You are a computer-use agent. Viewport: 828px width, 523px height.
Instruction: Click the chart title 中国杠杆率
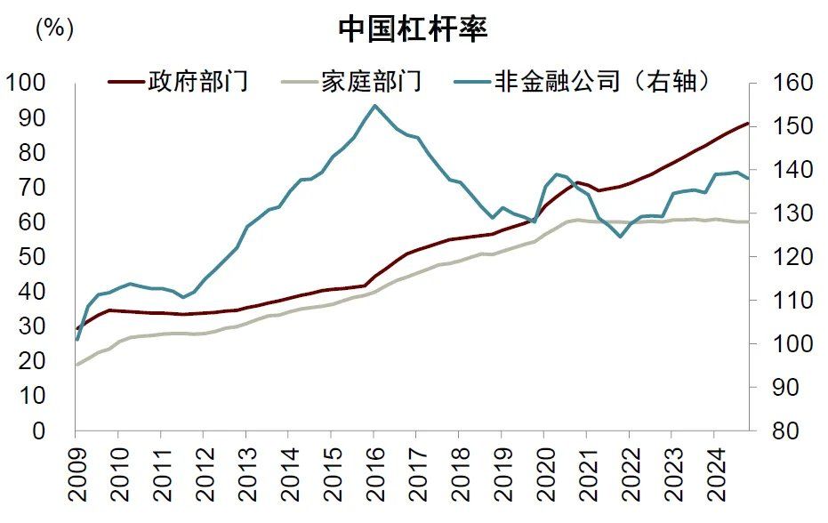pyautogui.click(x=413, y=29)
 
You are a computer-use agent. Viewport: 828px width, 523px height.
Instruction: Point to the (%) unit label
pyautogui.click(x=53, y=28)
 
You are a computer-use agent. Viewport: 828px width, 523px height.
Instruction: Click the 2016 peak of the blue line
pyautogui.click(x=374, y=106)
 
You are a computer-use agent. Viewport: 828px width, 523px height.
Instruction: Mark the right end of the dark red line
pyautogui.click(x=748, y=123)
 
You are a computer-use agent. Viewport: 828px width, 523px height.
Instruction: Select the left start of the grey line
pyautogui.click(x=76, y=365)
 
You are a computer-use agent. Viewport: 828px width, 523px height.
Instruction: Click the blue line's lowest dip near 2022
pyautogui.click(x=620, y=237)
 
